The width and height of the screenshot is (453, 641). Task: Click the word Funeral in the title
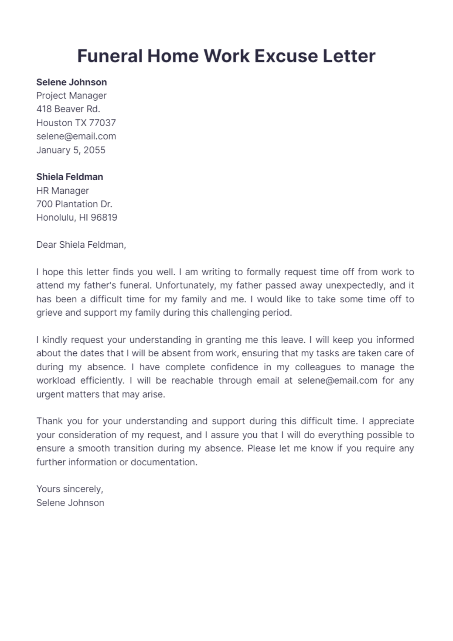coord(110,56)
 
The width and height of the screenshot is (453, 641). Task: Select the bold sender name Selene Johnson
coord(71,82)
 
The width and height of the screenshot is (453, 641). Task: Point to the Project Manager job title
coord(71,96)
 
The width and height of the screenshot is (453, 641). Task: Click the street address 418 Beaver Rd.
coord(68,109)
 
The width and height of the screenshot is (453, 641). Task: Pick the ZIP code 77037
coord(102,123)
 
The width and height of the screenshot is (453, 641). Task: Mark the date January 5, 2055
coord(71,150)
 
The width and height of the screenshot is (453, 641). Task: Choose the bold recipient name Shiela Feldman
coord(69,177)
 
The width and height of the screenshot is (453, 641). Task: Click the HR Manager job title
coord(63,190)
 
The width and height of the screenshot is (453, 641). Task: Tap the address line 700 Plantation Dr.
coord(74,204)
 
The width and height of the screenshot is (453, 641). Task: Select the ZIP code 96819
coord(104,218)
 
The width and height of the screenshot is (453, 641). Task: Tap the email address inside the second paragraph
coord(337,380)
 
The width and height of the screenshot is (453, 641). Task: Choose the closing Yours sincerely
coord(69,489)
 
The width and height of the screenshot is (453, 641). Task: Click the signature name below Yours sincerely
coord(70,503)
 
